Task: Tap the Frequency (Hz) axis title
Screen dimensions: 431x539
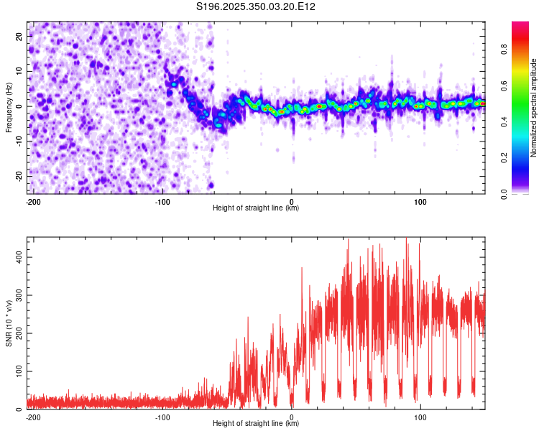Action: [x=9, y=107]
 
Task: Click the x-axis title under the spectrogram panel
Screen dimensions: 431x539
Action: [x=256, y=208]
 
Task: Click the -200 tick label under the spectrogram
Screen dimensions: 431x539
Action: [x=32, y=200]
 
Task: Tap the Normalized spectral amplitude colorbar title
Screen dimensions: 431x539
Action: [x=534, y=108]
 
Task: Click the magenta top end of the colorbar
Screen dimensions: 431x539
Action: [x=521, y=26]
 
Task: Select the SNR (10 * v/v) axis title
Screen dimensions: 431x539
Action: [x=9, y=323]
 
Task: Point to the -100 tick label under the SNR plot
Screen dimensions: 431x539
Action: [x=162, y=417]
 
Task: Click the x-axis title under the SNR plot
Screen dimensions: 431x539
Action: [x=256, y=424]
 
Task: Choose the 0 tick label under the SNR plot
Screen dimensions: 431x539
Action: [x=292, y=417]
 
